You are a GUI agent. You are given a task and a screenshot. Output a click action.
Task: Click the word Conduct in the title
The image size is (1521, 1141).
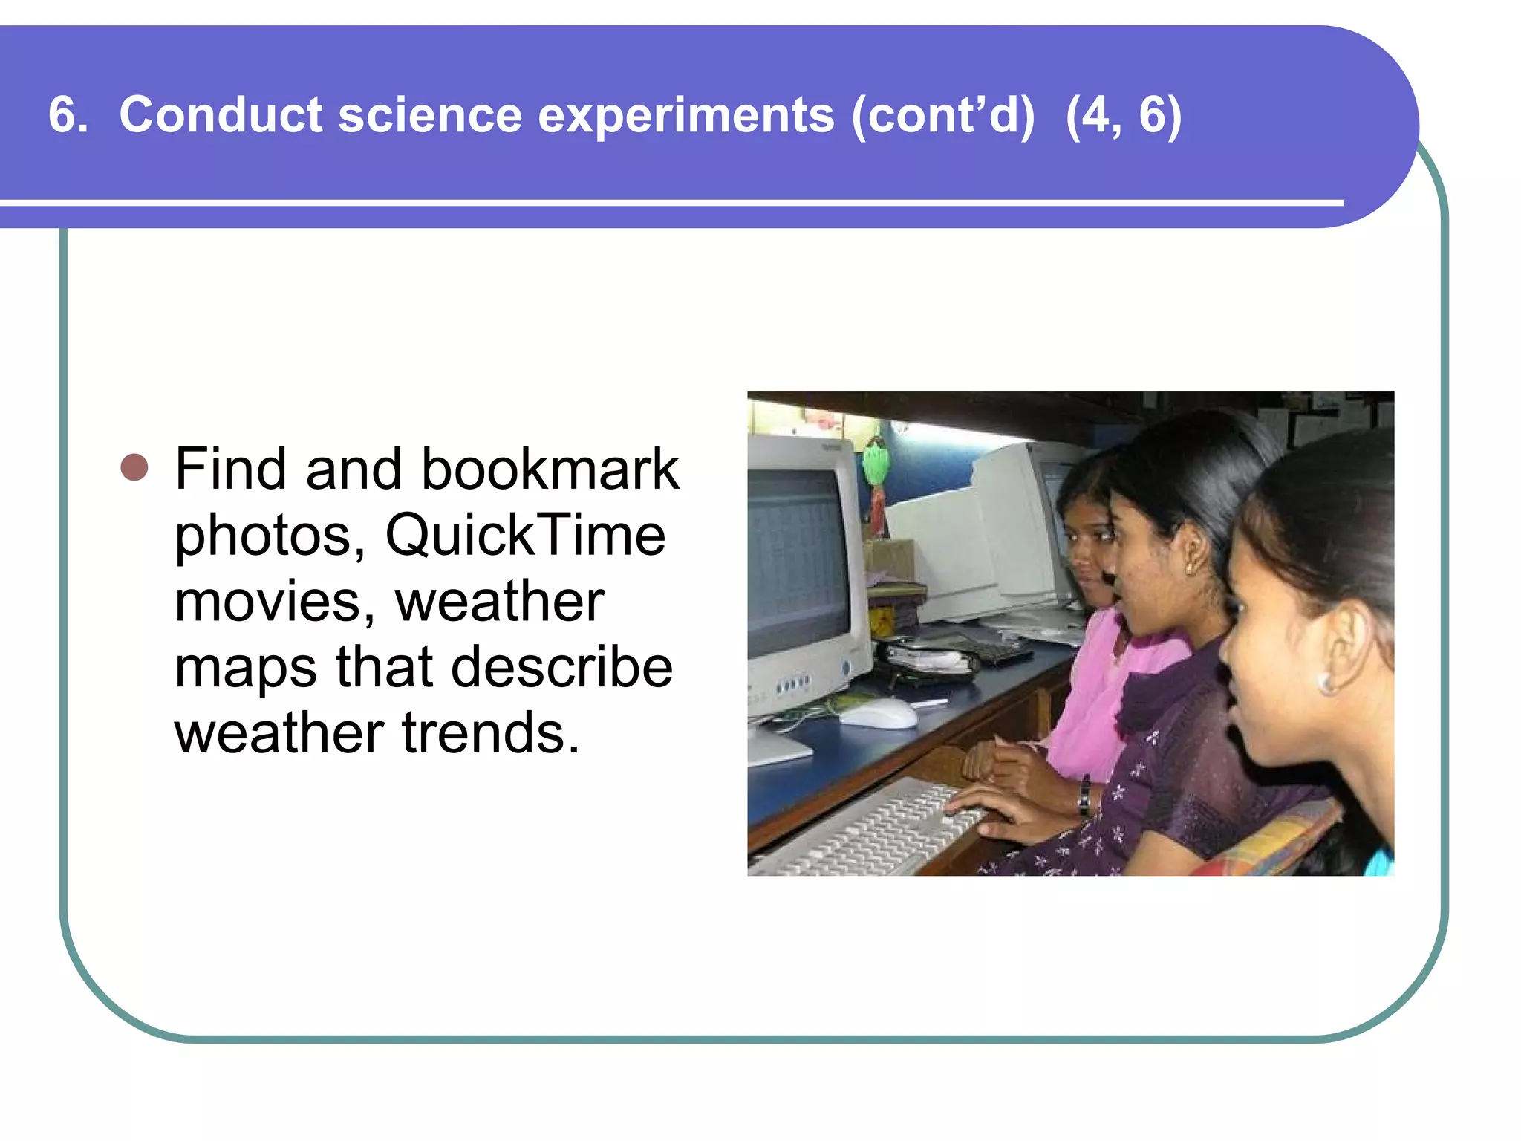click(221, 115)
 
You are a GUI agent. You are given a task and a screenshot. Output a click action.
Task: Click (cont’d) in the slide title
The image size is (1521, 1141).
click(942, 115)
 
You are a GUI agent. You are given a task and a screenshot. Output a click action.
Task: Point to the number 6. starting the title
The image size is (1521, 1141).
click(68, 115)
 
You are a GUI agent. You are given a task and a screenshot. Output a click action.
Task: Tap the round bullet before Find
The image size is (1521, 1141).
click(134, 468)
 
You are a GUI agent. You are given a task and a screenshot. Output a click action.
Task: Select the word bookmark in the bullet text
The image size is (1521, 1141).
click(550, 469)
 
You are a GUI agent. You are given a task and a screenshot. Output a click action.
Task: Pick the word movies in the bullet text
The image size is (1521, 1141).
click(274, 601)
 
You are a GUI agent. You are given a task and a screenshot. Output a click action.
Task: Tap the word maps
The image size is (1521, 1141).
click(245, 667)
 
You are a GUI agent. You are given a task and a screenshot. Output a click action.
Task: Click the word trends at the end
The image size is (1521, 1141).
click(490, 732)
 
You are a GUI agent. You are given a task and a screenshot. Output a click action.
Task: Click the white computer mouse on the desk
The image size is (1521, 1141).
click(878, 714)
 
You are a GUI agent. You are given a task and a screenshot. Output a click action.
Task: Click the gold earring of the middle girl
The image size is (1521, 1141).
click(1189, 569)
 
